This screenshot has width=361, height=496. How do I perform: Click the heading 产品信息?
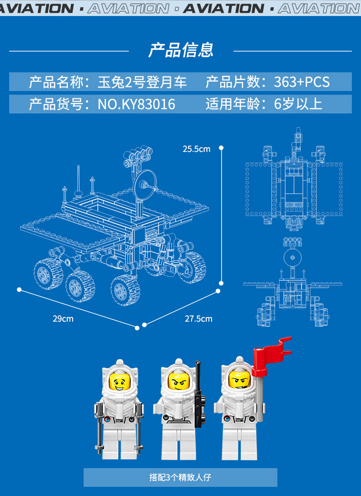[181, 50]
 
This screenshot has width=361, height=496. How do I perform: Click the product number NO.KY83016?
[136, 104]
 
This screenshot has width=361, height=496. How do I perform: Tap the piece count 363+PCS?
[302, 82]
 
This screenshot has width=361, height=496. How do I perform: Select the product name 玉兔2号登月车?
[142, 82]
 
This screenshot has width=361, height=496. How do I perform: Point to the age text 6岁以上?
[298, 104]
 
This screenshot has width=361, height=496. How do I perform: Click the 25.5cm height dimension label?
[196, 149]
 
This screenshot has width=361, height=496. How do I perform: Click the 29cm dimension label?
[63, 318]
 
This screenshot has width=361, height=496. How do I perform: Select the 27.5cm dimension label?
[198, 318]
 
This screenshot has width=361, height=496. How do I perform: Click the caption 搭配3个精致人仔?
[180, 477]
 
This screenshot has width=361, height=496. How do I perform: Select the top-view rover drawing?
[294, 183]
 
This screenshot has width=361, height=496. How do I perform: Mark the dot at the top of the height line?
[221, 148]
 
